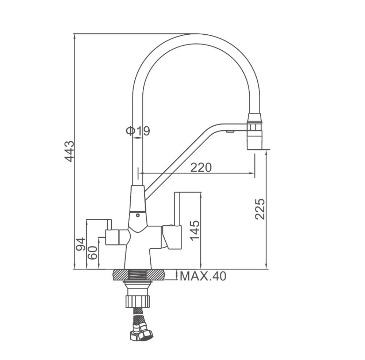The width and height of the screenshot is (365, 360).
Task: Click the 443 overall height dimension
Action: (x=69, y=152)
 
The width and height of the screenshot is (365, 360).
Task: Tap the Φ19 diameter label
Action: (x=138, y=131)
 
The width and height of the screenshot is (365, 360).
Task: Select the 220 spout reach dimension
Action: (x=201, y=167)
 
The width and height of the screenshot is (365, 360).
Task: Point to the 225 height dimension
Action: (x=260, y=209)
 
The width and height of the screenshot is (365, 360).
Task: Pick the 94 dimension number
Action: (x=81, y=244)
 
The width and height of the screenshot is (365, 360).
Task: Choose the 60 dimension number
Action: (x=92, y=253)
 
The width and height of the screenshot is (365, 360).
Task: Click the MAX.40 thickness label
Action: (x=203, y=276)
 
